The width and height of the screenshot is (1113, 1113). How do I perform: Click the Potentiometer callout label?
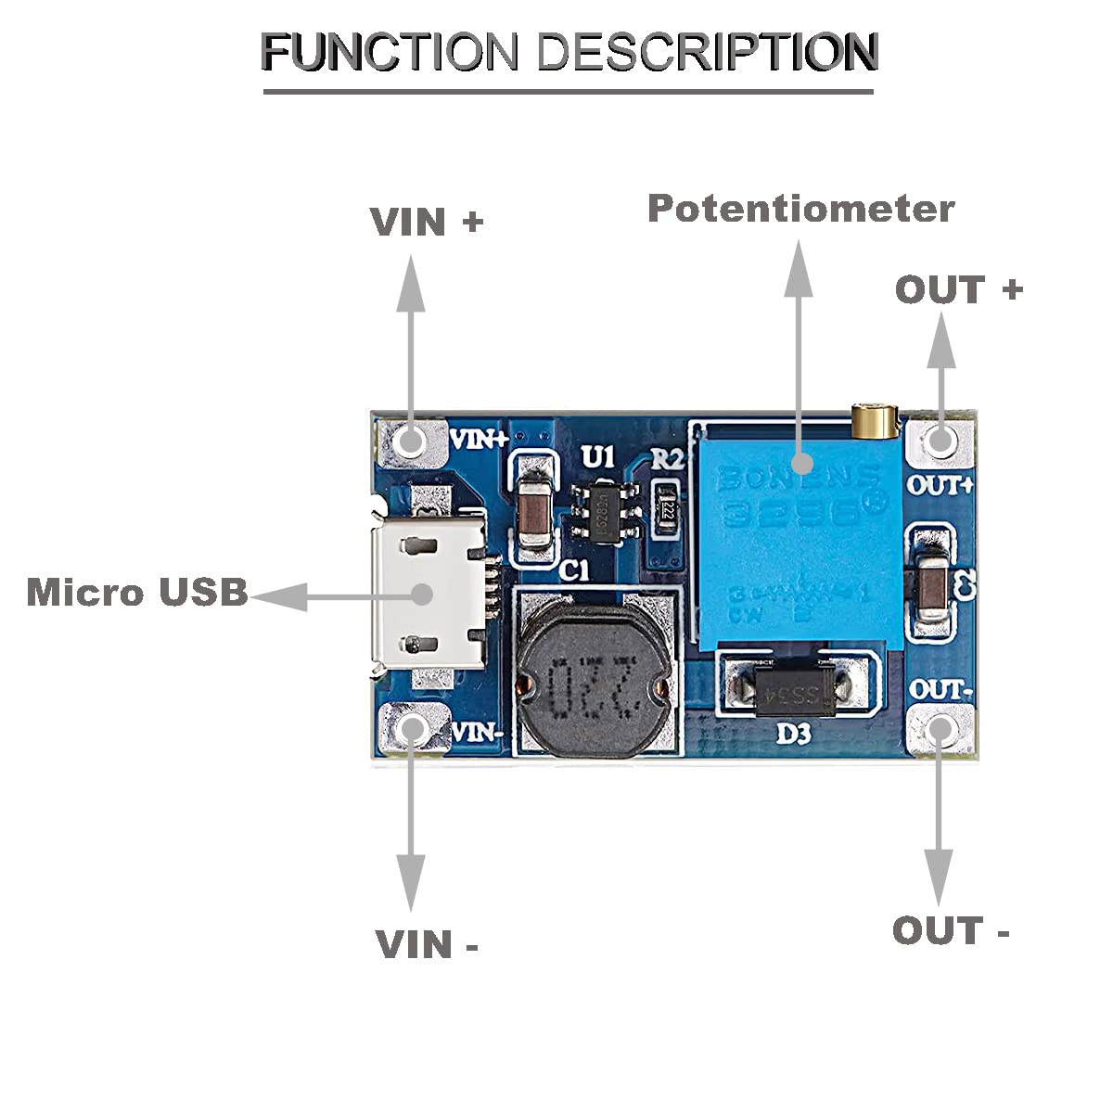[800, 209]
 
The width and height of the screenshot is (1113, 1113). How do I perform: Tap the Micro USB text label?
[137, 592]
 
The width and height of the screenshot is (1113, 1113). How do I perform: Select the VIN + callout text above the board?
[427, 222]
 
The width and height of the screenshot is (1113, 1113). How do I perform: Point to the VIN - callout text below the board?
[427, 944]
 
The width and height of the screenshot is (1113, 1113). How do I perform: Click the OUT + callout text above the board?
[958, 289]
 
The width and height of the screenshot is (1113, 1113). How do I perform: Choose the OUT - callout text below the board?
[951, 930]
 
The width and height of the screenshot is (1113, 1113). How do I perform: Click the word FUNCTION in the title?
[390, 52]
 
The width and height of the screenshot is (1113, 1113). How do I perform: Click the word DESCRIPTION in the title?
[708, 52]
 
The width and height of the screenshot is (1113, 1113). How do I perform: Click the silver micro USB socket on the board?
[429, 594]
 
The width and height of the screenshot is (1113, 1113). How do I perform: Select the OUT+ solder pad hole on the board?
[940, 441]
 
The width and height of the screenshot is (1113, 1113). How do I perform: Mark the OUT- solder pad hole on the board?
[940, 729]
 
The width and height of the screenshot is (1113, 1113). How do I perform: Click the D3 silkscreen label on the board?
[793, 734]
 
